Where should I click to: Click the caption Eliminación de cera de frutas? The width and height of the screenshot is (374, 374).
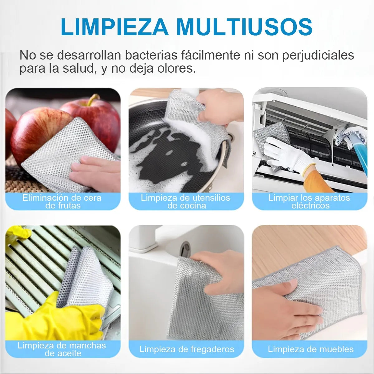click(62, 202)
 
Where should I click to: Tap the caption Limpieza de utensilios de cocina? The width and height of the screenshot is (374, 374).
click(186, 202)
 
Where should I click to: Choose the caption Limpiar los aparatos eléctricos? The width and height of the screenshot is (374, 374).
click(309, 202)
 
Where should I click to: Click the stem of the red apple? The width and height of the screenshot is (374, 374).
click(93, 99)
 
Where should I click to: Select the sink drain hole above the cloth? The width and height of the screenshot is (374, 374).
click(185, 249)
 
